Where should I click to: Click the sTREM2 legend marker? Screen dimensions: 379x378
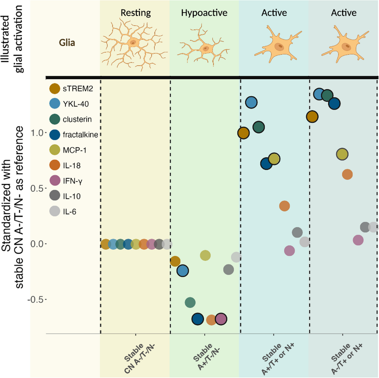(54, 89)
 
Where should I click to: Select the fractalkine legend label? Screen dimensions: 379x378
(81, 135)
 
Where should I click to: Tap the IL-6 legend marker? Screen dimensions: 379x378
(54, 211)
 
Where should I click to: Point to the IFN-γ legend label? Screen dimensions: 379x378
(73, 181)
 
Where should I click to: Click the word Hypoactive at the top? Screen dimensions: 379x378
(204, 13)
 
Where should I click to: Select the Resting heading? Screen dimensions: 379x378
(136, 13)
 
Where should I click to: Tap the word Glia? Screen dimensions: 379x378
(67, 43)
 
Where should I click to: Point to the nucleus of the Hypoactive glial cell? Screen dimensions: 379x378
(206, 48)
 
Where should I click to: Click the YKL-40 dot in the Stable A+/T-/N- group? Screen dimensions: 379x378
(183, 271)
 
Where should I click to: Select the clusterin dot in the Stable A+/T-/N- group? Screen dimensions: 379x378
(190, 302)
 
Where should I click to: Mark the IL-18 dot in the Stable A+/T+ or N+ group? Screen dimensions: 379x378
(284, 206)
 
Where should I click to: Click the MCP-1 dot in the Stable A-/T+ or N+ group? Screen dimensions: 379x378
(342, 154)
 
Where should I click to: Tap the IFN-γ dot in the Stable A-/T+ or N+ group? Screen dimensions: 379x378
(358, 240)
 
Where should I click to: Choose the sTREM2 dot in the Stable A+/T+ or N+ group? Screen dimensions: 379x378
(244, 133)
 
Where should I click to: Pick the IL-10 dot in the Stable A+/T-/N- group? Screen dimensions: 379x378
(229, 269)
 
